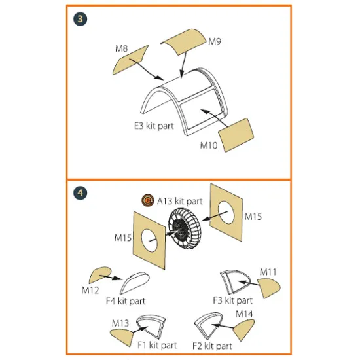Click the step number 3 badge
click(80, 19)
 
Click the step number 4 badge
click(80, 192)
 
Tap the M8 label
click(121, 48)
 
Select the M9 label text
click(215, 41)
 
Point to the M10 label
click(209, 145)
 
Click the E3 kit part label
click(154, 126)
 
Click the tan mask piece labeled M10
click(236, 135)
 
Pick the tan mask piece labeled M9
click(184, 41)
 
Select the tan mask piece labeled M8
click(130, 60)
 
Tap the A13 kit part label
click(180, 201)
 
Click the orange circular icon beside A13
click(148, 200)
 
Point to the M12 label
click(90, 291)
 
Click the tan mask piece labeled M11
click(268, 288)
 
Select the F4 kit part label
click(126, 301)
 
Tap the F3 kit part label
click(232, 300)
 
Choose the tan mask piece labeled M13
click(122, 337)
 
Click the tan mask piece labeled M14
click(244, 330)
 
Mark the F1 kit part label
click(157, 345)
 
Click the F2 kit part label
click(212, 346)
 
